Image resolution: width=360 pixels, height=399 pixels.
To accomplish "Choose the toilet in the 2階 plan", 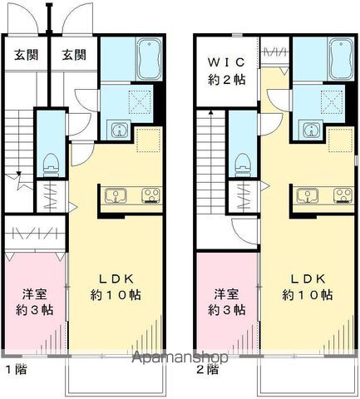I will pos(243,161).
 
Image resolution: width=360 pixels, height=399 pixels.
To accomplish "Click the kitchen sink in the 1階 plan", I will pos(116,197).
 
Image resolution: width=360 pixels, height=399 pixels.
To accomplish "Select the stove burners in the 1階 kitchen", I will pos(150,197).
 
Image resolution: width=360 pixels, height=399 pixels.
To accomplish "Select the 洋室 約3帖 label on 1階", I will pos(35,301).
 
